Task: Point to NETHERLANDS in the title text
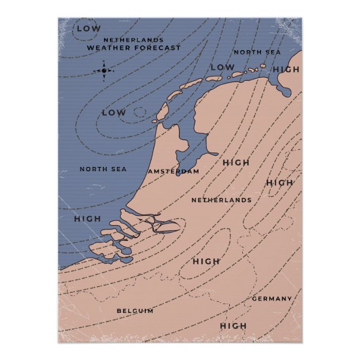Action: pyautogui.click(x=134, y=40)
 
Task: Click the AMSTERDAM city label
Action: pyautogui.click(x=174, y=171)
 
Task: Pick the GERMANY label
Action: pyautogui.click(x=272, y=299)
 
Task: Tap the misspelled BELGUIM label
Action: pyautogui.click(x=135, y=311)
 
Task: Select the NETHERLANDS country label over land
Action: pyautogui.click(x=221, y=200)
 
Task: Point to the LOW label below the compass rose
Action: pyautogui.click(x=113, y=113)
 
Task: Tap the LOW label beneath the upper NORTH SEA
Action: pyautogui.click(x=222, y=68)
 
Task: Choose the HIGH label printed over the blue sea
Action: pyautogui.click(x=87, y=219)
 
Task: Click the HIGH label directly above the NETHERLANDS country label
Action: pyautogui.click(x=236, y=163)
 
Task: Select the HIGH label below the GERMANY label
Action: pyautogui.click(x=233, y=326)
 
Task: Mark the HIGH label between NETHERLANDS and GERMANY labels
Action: pyautogui.click(x=206, y=261)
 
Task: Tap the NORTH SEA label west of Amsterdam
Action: pyautogui.click(x=103, y=169)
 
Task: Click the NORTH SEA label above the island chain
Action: pyautogui.click(x=257, y=52)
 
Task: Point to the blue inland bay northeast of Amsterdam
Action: pyautogui.click(x=193, y=140)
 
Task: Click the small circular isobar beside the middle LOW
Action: pyautogui.click(x=139, y=113)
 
